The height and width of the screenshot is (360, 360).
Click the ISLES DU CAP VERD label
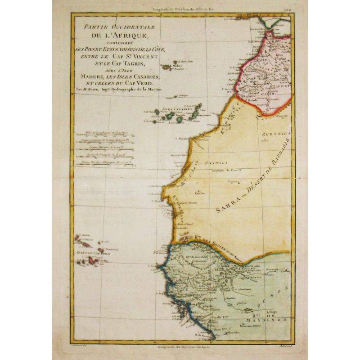coord(87,253)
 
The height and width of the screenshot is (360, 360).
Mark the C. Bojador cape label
coord(181,139)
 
